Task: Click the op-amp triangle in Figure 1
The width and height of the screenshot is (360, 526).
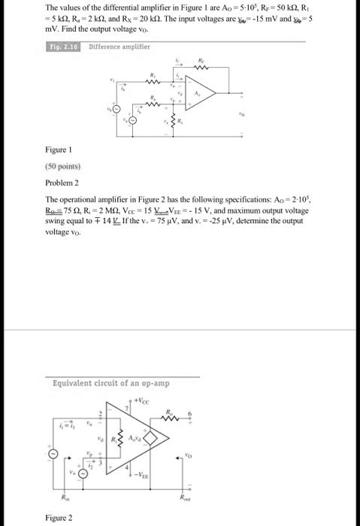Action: pyautogui.click(x=203, y=94)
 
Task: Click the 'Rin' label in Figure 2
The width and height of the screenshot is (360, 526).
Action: pyautogui.click(x=64, y=497)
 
